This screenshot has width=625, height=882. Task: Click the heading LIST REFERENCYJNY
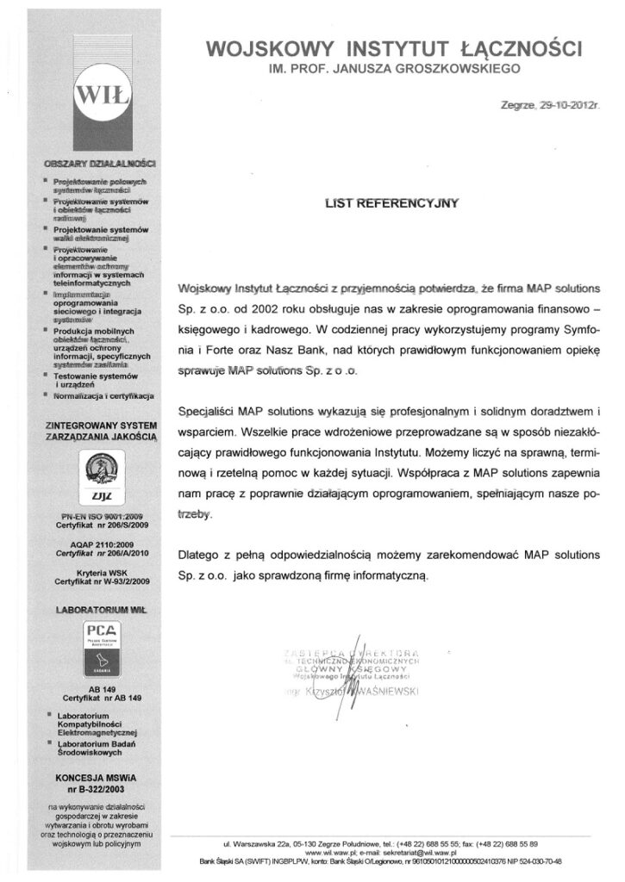tap(392, 203)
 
